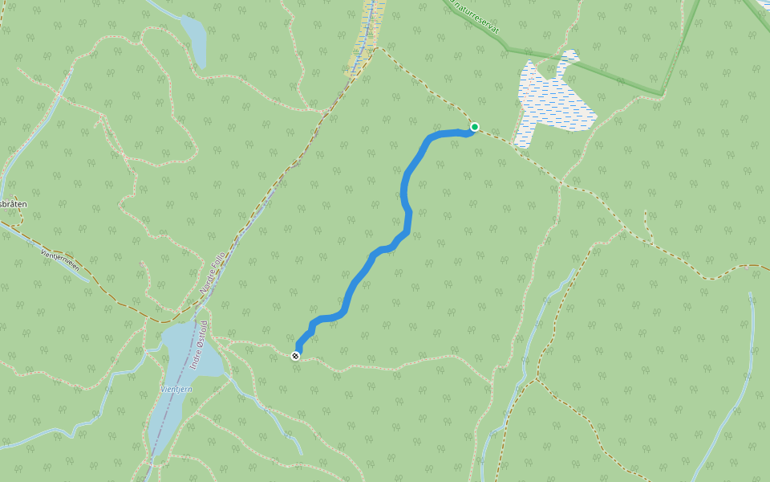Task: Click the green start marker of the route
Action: tap(475, 127)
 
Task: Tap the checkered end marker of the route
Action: tap(296, 356)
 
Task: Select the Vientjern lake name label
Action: tap(176, 389)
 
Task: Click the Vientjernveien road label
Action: tap(60, 262)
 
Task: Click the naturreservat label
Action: tap(476, 17)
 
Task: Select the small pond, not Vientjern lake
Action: tap(194, 40)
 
